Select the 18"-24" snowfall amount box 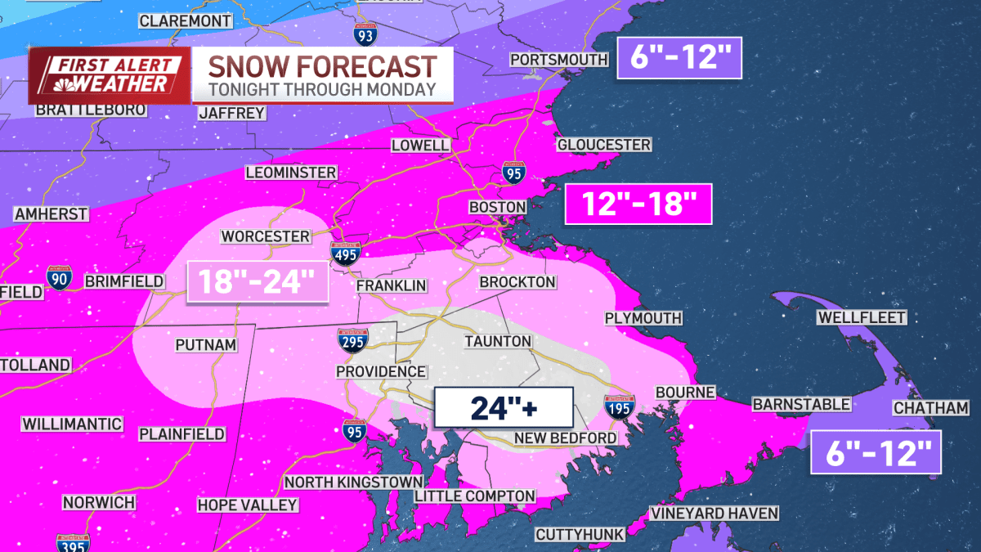258,283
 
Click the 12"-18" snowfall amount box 638,204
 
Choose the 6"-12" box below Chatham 876,451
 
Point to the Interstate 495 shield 345,253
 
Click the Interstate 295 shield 353,340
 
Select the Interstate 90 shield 59,277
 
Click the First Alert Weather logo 110,74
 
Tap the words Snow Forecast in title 322,67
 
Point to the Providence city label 381,371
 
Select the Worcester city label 266,236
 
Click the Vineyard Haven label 714,514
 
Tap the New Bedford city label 565,438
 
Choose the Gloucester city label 603,145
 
